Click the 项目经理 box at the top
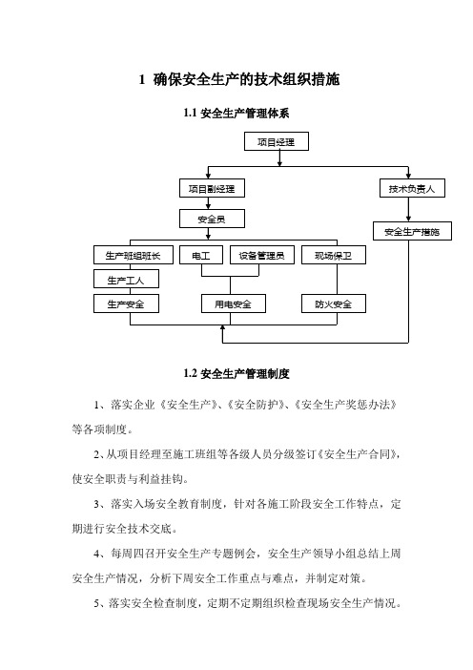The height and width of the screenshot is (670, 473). [x=277, y=141]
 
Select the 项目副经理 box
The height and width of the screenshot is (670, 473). [x=212, y=188]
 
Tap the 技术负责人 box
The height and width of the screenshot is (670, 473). [x=412, y=188]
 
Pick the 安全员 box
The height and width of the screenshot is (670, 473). [x=212, y=219]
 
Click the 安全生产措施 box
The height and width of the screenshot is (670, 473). [x=412, y=231]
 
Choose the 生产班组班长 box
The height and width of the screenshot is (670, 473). [x=134, y=255]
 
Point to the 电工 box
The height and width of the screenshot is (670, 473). [x=201, y=255]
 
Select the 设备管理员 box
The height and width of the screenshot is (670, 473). [x=261, y=255]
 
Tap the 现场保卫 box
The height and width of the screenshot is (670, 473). [x=334, y=255]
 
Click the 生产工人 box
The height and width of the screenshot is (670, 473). [x=126, y=280]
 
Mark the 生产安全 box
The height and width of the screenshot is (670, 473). [x=126, y=304]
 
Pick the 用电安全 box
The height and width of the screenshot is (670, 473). [x=233, y=304]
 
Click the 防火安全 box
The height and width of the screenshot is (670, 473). [x=334, y=304]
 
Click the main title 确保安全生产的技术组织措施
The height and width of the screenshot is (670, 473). [x=246, y=79]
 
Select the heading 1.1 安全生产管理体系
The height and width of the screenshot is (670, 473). [x=236, y=114]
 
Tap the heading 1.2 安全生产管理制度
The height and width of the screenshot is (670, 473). [x=236, y=373]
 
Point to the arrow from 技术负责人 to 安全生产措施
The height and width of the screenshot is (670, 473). [x=408, y=209]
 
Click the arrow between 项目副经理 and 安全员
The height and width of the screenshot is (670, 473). [x=208, y=203]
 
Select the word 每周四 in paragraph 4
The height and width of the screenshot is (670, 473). [x=127, y=554]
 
